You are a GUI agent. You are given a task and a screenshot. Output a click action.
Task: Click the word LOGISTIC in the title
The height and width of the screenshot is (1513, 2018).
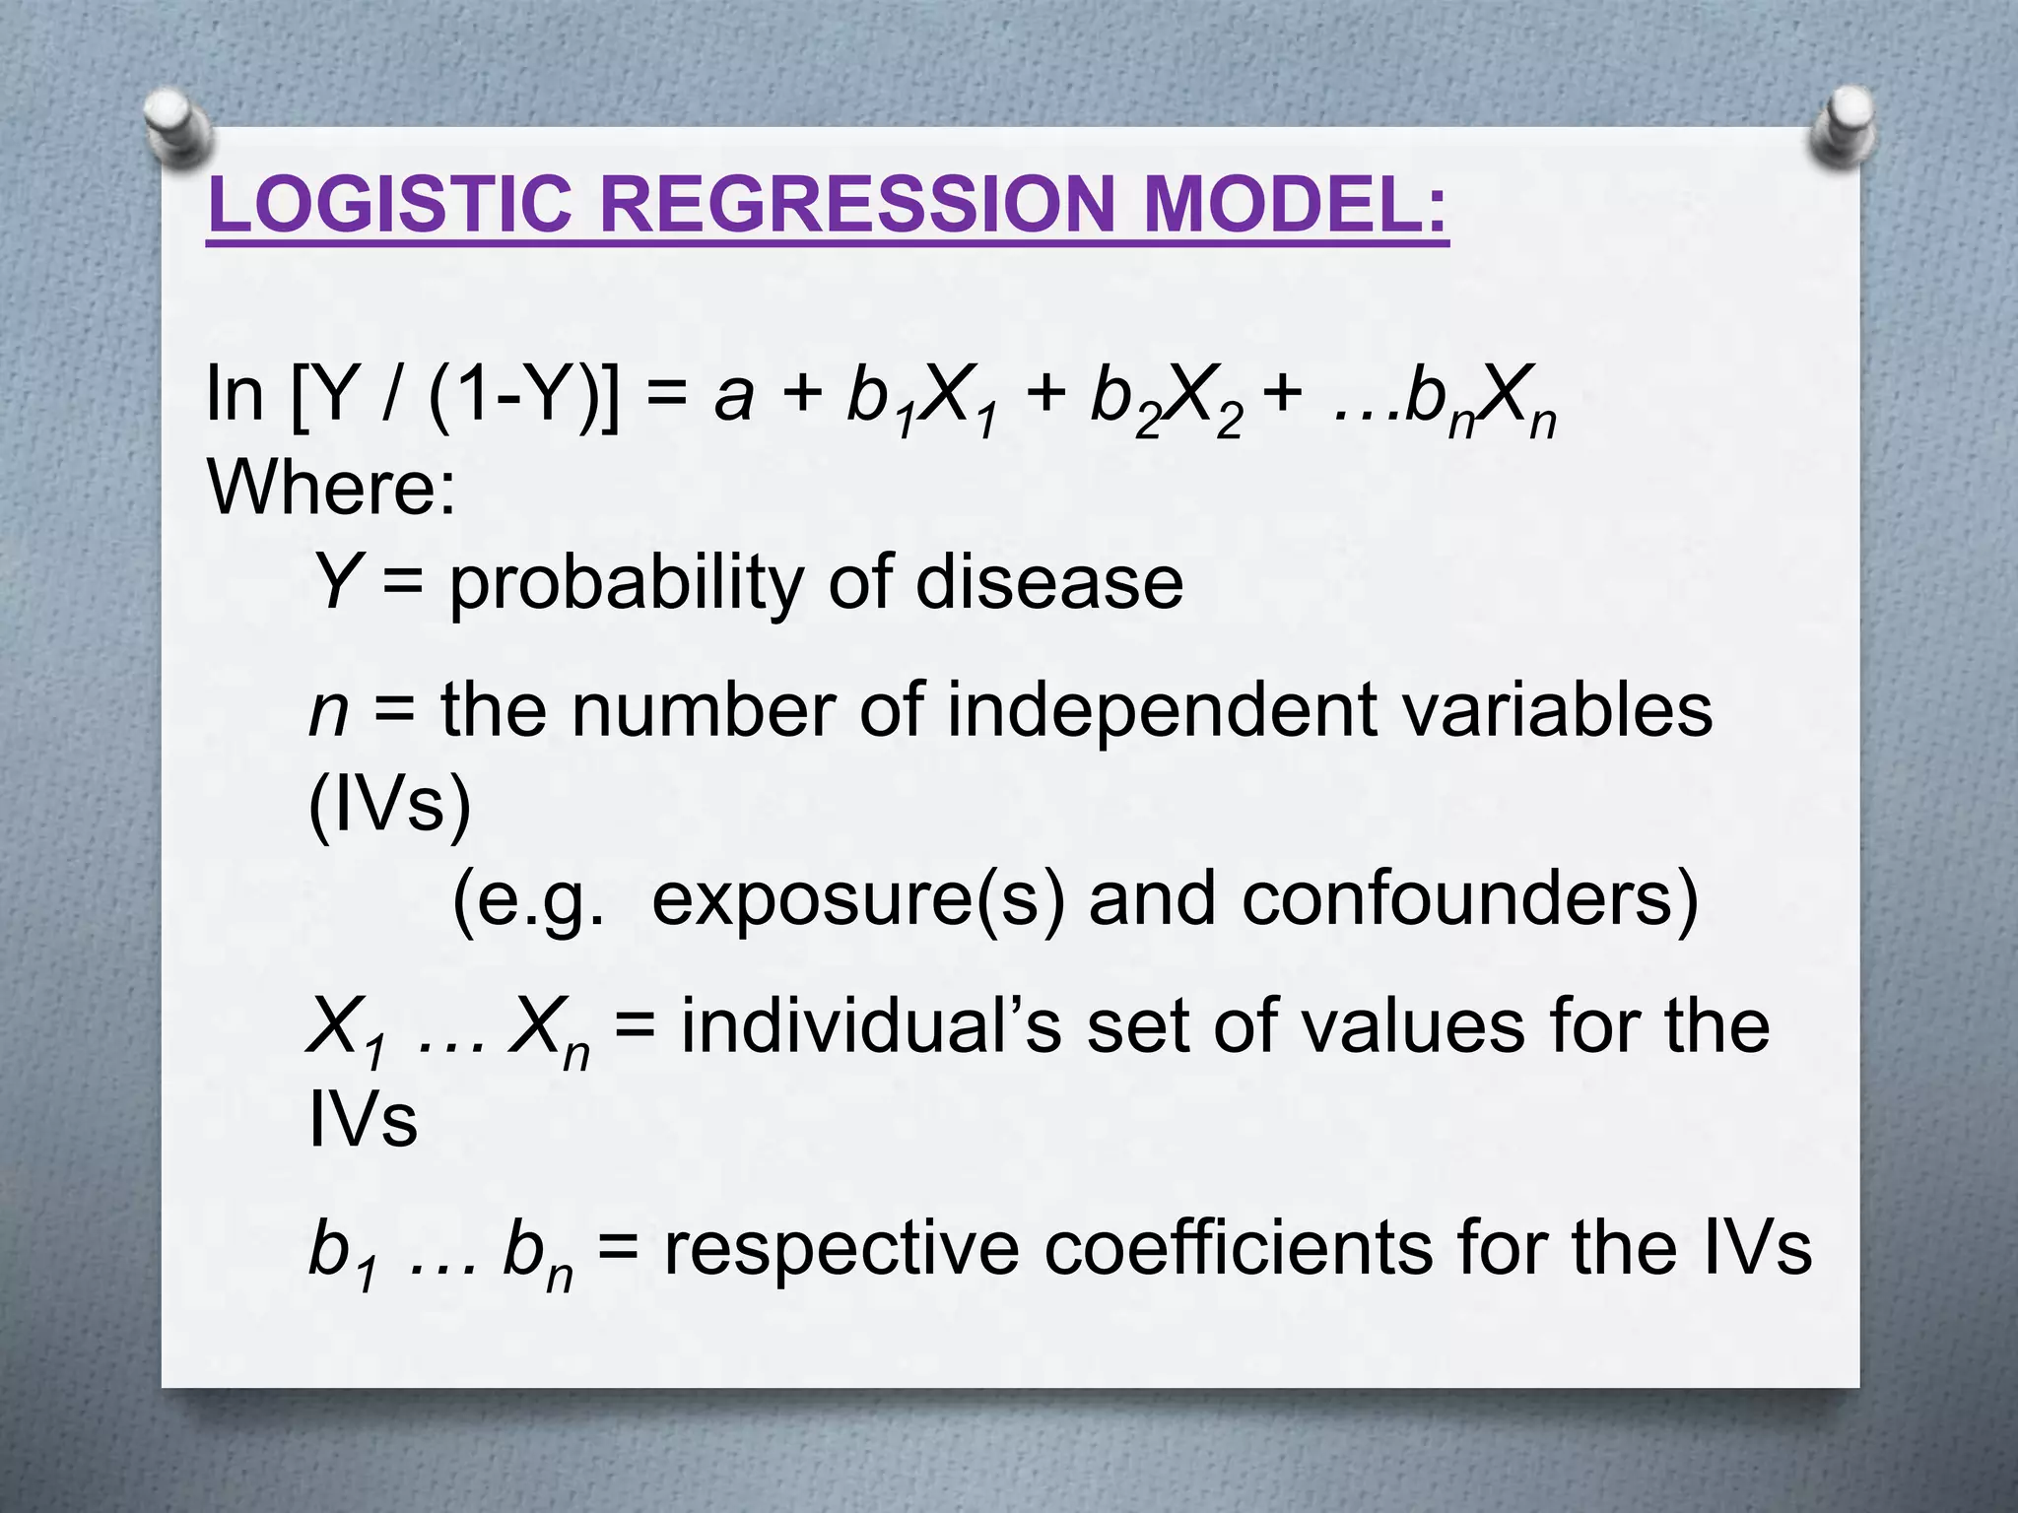(390, 205)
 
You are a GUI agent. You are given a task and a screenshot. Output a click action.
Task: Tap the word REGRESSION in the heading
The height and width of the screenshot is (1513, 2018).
(856, 205)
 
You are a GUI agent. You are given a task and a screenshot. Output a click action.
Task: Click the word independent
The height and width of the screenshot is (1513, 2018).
(1163, 711)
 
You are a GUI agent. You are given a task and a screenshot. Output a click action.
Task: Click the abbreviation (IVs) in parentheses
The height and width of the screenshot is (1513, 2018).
(390, 806)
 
